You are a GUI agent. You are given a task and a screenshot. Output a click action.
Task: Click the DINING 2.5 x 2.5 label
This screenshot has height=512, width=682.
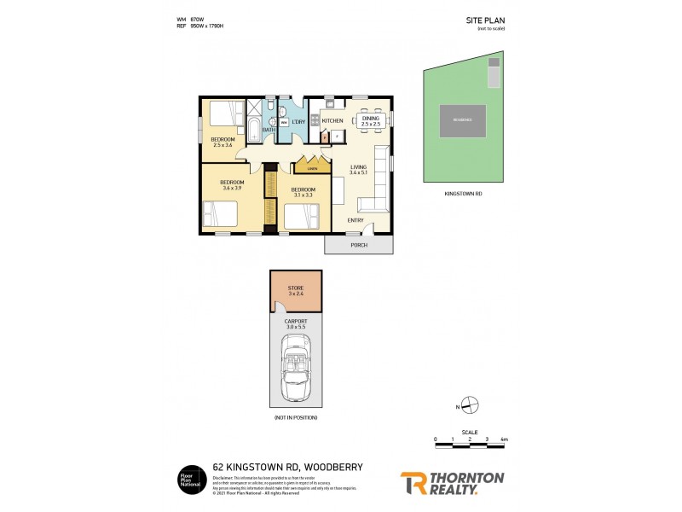tap(370, 122)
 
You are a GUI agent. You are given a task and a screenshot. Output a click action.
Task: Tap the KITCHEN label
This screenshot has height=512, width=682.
tap(332, 121)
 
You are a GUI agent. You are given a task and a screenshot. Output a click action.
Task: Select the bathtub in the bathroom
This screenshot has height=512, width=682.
tap(255, 129)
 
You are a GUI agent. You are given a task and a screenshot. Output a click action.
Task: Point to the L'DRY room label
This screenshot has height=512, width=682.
tap(298, 122)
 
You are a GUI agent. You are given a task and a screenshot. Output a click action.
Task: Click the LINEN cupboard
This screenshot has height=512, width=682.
tap(313, 166)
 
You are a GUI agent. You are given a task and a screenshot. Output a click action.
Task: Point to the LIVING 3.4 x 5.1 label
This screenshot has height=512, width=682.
tap(358, 170)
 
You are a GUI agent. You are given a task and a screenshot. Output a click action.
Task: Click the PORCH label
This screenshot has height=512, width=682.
tap(358, 245)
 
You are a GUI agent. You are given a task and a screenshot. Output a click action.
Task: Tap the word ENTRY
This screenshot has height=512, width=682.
tap(355, 220)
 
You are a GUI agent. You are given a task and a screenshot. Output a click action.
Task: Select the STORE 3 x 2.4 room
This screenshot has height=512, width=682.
tap(296, 293)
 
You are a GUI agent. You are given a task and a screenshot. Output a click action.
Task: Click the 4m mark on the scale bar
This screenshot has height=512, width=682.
tap(505, 439)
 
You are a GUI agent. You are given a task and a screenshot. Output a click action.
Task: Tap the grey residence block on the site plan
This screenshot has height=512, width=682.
tap(462, 120)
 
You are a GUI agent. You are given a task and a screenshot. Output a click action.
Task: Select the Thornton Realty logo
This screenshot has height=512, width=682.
tap(452, 483)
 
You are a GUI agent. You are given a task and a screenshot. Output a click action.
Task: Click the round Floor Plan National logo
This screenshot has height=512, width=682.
tap(188, 479)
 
